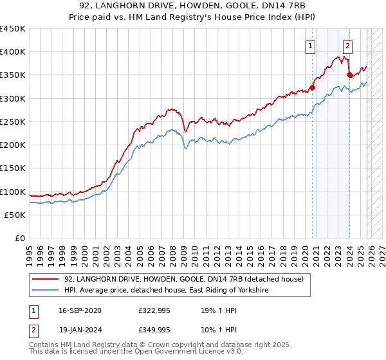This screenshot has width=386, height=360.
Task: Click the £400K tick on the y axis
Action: tap(13, 52)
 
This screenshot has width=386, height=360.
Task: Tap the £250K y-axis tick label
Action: tap(13, 122)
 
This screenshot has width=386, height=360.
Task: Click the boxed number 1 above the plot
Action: tap(311, 46)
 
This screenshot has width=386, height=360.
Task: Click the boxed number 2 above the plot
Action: tap(347, 46)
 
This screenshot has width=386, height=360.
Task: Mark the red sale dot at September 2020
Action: tap(313, 87)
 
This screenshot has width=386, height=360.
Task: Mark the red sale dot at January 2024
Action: tap(349, 75)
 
